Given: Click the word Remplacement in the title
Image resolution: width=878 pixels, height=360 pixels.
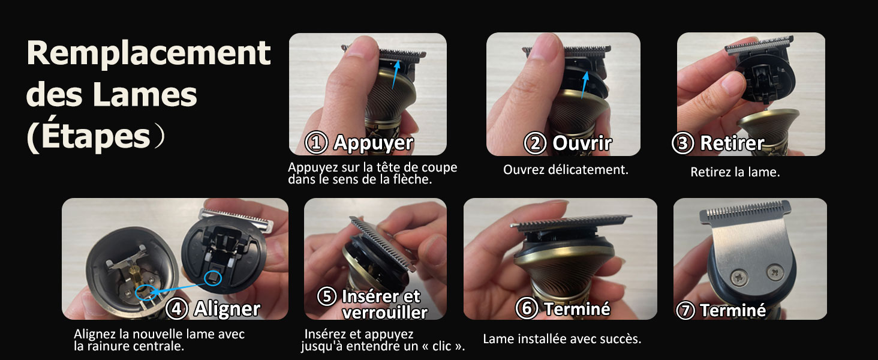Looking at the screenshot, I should point(148,54).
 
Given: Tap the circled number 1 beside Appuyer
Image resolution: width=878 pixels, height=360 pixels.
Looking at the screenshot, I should point(316,143).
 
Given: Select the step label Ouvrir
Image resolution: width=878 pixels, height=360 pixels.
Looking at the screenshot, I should point(582,143).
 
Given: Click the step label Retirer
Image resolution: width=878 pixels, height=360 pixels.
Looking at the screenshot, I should point(732,143).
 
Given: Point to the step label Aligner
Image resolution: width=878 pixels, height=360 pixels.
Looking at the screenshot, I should point(227,309).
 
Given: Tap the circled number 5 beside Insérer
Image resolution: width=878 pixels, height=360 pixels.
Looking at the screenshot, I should point(327,296).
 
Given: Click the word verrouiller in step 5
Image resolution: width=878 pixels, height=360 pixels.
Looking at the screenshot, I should point(384,312).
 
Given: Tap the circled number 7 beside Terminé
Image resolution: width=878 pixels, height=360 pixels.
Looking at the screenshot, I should point(685,310).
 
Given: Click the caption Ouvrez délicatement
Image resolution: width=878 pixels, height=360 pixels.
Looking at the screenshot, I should point(566,170).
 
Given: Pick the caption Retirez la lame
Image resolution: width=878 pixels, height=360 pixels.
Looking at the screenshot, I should point(735,173).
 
